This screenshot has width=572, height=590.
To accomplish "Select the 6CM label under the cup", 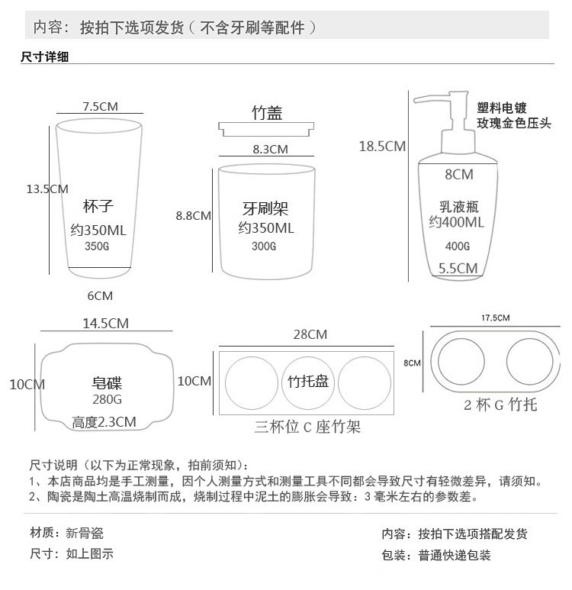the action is click(100, 295).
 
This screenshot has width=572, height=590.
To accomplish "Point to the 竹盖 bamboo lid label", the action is click(266, 113).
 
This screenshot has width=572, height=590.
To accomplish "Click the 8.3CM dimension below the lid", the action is click(270, 150).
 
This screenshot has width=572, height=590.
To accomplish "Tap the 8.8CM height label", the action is click(193, 216).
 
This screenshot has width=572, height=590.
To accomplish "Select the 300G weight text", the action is click(265, 247).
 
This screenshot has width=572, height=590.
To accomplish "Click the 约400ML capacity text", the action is click(456, 223).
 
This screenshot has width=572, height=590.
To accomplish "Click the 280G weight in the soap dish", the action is click(108, 400).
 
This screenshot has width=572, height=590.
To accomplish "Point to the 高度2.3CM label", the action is click(104, 421).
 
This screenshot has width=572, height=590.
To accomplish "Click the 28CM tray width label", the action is click(310, 334).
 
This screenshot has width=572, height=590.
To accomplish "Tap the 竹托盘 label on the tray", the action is click(308, 381).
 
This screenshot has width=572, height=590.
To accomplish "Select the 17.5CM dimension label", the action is click(495, 317).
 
